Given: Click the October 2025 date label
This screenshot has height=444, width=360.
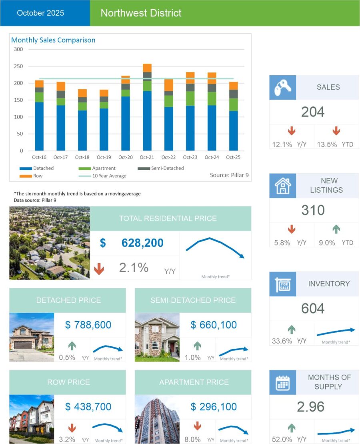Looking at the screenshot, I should pos(40,13).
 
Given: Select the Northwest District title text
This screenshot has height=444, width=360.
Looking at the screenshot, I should pos(141,13).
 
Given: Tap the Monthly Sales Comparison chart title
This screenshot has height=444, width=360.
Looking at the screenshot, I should pos(53,40).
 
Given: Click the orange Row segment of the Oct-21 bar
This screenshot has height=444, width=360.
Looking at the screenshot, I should pos(147,68).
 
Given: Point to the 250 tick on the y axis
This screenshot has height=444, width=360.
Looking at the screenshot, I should pos(18,66).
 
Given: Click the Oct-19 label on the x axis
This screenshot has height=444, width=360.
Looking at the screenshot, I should pos(104,157).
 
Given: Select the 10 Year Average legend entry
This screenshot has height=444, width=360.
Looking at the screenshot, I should pos(103,176).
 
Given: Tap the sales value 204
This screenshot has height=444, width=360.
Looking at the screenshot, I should pos(313,112).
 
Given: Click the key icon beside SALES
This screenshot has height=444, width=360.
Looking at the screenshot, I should pos(282,87).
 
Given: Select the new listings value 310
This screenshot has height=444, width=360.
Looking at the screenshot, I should pos(313,210).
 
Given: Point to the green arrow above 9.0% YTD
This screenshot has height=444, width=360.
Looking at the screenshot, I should pos(336,229).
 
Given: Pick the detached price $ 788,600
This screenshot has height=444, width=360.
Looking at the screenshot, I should pos(88,325).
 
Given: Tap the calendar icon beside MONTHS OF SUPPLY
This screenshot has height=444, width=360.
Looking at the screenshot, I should pos(282,382).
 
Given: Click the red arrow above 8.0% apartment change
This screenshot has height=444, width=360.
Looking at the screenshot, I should pos(197,426).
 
